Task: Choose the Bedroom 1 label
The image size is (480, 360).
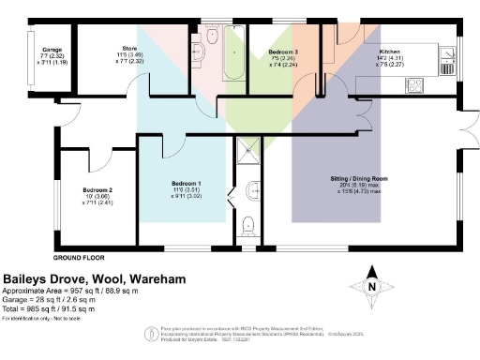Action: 185,183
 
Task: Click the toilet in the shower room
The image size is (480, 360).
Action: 248,224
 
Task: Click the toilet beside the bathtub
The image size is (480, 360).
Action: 212,36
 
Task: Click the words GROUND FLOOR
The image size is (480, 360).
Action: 78,257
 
